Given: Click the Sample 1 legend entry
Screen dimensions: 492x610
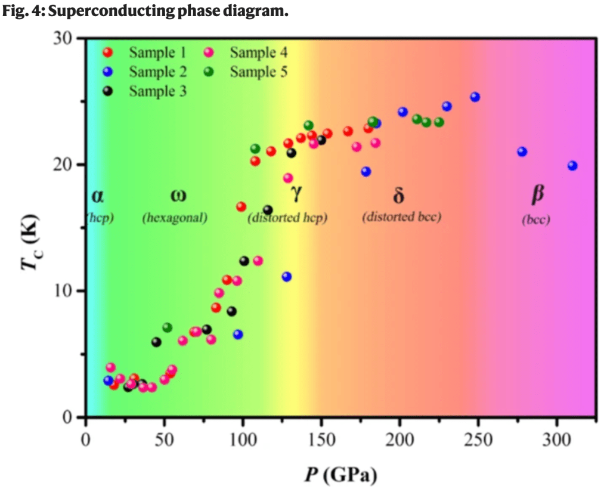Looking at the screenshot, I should pos(152,53).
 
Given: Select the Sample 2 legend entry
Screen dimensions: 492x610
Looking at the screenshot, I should pos(152,72).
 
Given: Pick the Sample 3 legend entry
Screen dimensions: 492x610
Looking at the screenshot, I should pos(152,91).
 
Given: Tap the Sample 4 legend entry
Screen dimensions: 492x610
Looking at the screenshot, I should pos(253,53).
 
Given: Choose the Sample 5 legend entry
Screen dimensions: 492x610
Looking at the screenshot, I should pos(253,72).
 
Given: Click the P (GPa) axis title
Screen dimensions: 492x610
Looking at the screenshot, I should pos(340,475).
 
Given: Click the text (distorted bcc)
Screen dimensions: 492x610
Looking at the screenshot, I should pos(401,216).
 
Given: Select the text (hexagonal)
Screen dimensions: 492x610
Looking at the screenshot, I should pos(175,218).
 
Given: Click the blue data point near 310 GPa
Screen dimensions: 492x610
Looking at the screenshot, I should pos(572,166).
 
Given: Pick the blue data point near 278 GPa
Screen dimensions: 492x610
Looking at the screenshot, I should pos(522,151).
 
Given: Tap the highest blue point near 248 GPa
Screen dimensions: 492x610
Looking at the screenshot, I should pos(475,97).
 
